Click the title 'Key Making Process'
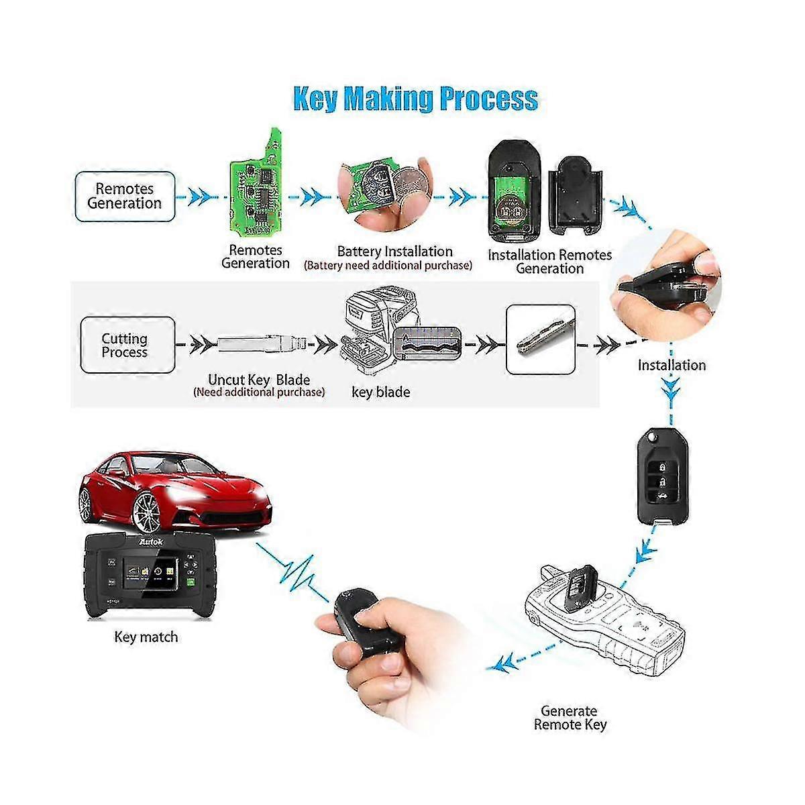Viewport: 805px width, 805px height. point(416,99)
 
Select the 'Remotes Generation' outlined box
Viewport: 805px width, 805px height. point(125,197)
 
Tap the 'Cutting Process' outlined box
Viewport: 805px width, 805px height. point(127,345)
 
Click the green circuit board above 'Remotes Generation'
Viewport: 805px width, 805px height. point(256,184)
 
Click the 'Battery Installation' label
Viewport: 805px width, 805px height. point(394,252)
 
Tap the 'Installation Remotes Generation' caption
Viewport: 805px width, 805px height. point(550,262)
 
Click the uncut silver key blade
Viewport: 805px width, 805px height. point(262,344)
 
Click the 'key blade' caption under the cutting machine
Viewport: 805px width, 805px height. point(381,392)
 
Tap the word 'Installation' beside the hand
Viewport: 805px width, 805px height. point(672,366)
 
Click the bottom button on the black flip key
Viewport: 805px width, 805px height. point(663,496)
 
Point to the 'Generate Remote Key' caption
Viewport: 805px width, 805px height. point(570,718)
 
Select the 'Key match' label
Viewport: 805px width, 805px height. point(146,637)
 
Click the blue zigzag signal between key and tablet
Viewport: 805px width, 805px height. point(294,574)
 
